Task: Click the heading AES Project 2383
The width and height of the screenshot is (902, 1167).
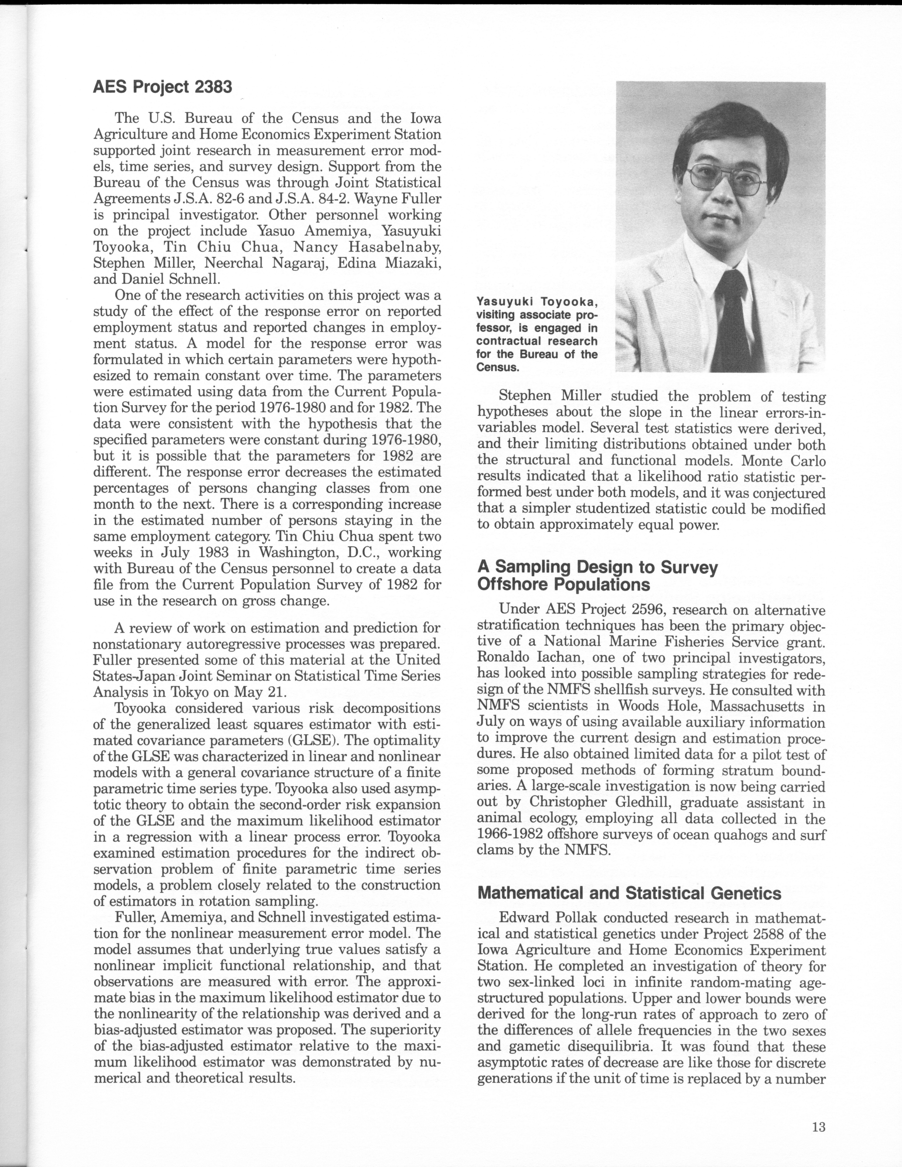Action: click(162, 87)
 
